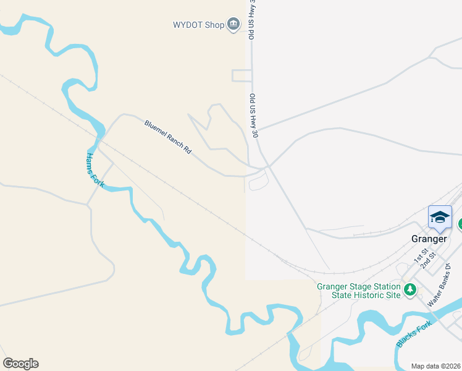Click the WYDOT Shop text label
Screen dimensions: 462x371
(198, 25)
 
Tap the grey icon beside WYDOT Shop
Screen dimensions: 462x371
(233, 25)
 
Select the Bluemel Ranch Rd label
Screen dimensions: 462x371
(168, 137)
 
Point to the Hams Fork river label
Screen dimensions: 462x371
(94, 169)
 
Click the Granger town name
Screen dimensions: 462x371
(429, 239)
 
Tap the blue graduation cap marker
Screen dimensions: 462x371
(440, 218)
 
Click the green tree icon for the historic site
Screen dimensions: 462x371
(409, 290)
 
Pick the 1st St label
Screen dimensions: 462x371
(421, 254)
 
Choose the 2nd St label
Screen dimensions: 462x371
(429, 259)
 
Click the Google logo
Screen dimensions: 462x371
(20, 364)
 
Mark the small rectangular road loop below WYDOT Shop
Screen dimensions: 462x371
(241, 75)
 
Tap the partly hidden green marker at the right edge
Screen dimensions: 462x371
(460, 224)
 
